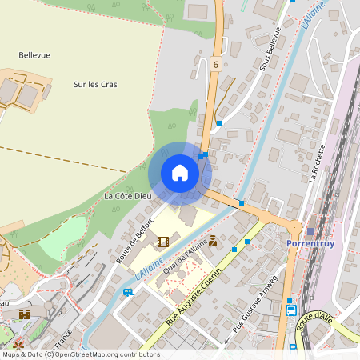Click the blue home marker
[180, 173]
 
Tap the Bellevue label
[34, 55]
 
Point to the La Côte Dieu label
[127, 196]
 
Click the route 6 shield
[215, 64]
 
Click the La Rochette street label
[317, 163]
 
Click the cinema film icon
[163, 242]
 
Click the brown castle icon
[25, 314]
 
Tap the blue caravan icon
[128, 292]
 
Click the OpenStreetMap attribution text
[81, 354]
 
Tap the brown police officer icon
[214, 241]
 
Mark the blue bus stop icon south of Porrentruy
[291, 310]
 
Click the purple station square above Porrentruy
[310, 230]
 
